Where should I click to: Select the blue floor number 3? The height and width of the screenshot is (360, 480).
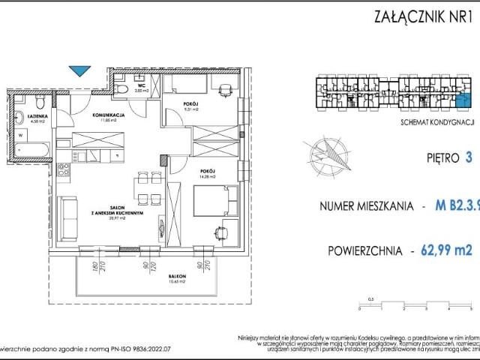(x=468, y=158)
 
